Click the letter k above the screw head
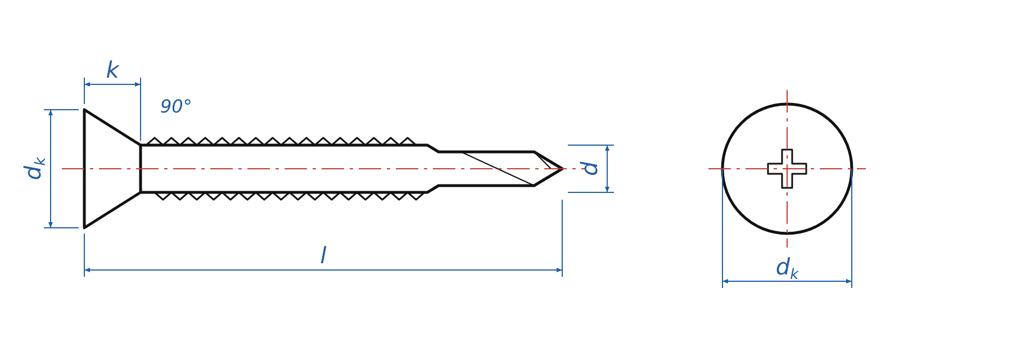(112, 70)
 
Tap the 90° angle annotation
(176, 106)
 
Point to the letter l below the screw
(323, 255)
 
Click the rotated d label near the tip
(590, 168)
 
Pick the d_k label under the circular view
(787, 268)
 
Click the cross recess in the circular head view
(787, 169)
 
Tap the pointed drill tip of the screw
(562, 169)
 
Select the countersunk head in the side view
(112, 169)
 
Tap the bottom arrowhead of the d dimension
(607, 189)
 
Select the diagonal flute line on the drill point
(498, 169)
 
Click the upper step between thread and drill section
(433, 148)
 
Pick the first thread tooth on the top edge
(155, 141)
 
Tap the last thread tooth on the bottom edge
(416, 196)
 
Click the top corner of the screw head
(84, 110)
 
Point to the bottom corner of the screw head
(84, 228)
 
